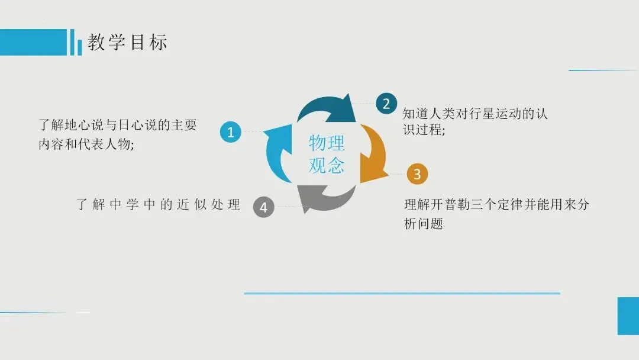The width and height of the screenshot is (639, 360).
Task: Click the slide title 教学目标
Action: pyautogui.click(x=128, y=42)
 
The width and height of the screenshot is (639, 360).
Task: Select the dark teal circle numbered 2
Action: pyautogui.click(x=386, y=104)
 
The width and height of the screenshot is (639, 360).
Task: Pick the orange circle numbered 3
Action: pyautogui.click(x=417, y=174)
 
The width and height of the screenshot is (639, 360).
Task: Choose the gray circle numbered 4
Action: pyautogui.click(x=264, y=207)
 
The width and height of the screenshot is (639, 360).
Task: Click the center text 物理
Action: pyautogui.click(x=327, y=143)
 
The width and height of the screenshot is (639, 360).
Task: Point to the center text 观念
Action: pyautogui.click(x=327, y=165)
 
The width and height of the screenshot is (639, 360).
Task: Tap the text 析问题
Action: pyautogui.click(x=424, y=224)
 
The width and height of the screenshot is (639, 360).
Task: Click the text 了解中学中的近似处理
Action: pyautogui.click(x=159, y=205)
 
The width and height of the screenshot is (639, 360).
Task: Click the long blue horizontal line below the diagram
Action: pyautogui.click(x=402, y=293)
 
